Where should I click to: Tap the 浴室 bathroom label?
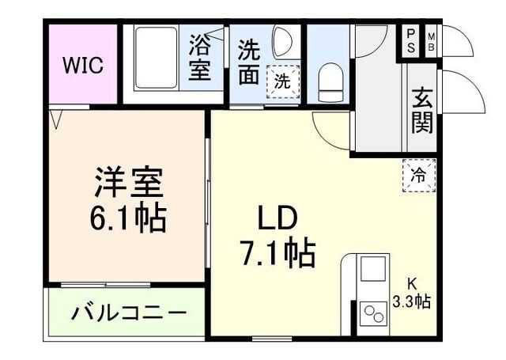199,59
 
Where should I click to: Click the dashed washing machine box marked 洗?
281,79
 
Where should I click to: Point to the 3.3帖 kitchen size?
412,301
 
